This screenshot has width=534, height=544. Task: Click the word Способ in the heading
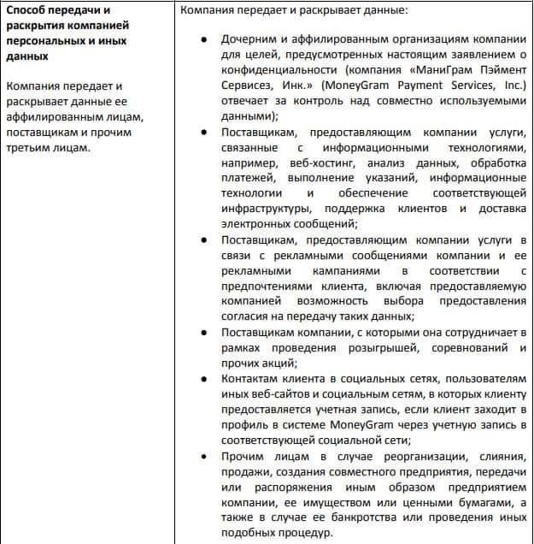tap(27, 11)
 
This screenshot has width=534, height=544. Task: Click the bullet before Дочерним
tap(202, 40)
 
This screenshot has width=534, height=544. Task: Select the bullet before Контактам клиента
tap(202, 379)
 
